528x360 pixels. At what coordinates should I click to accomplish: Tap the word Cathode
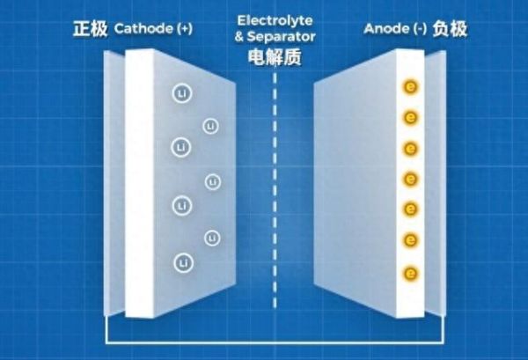click(143, 30)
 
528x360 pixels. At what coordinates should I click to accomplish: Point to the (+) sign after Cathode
click(183, 30)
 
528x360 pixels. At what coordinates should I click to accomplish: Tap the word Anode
click(385, 30)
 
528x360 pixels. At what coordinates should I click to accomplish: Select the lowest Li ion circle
click(183, 261)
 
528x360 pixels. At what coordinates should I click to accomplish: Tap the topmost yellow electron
click(410, 86)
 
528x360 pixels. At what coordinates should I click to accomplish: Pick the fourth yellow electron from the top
click(410, 180)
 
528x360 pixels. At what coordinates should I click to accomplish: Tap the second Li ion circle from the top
click(210, 127)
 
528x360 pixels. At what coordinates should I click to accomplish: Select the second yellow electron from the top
click(410, 117)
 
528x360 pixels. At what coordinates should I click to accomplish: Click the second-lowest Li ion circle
click(212, 238)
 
